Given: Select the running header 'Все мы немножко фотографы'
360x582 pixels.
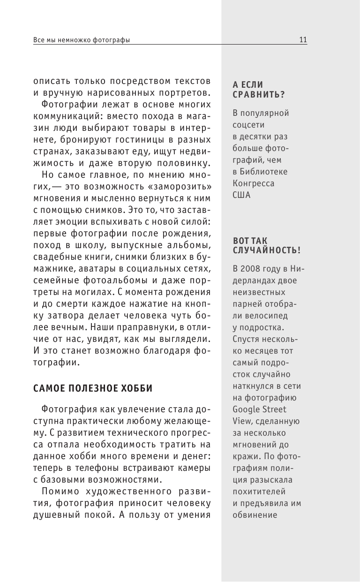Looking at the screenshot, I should (82, 40).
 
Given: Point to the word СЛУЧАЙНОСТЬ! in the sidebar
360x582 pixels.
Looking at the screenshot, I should (267, 250).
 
